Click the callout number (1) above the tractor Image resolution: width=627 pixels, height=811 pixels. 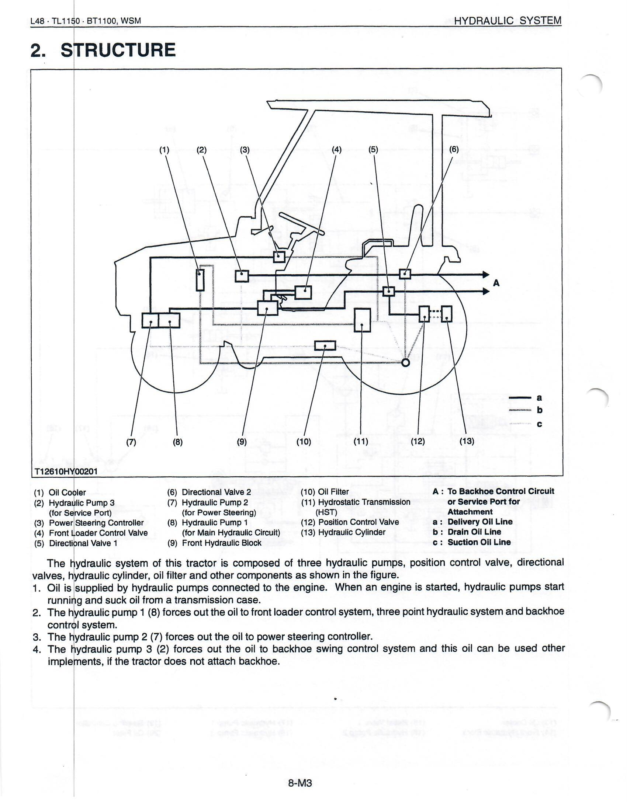click(x=164, y=150)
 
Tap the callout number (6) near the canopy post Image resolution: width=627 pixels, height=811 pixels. click(x=454, y=150)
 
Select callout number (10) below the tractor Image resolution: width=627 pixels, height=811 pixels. click(x=304, y=442)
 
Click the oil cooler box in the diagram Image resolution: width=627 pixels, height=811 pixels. click(x=200, y=280)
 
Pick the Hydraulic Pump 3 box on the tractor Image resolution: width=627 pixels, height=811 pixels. click(x=242, y=276)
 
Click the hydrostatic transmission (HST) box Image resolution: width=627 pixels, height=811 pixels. click(x=363, y=320)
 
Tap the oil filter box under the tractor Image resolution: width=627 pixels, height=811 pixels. click(x=325, y=346)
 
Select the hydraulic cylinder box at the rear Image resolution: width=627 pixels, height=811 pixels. click(x=447, y=314)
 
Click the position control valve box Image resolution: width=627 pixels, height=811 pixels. click(x=425, y=314)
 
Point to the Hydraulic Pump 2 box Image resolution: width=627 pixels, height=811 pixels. click(x=150, y=320)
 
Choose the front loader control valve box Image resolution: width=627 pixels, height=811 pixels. click(x=303, y=292)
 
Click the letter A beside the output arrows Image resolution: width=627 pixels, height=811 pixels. click(x=496, y=283)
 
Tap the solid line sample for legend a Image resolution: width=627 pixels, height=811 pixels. click(x=519, y=398)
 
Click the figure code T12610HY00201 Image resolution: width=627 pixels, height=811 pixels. click(x=66, y=471)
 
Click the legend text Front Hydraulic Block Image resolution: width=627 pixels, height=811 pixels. click(x=221, y=543)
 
